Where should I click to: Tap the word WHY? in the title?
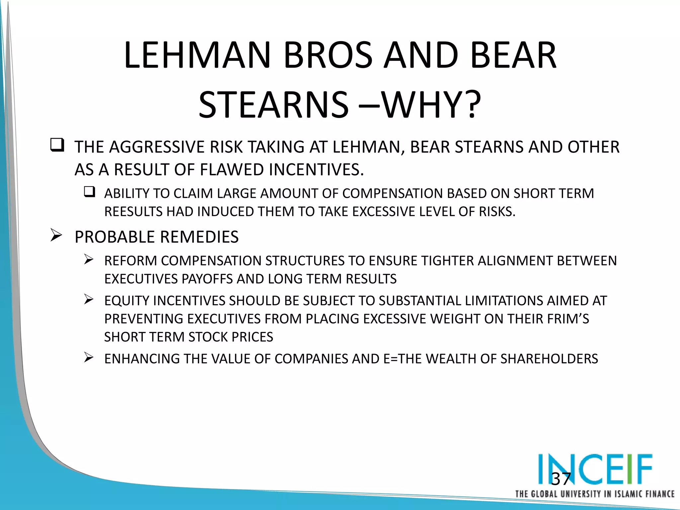pos(432,105)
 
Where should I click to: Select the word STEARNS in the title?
pos(274,105)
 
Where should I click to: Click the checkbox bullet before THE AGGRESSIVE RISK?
pos(57,145)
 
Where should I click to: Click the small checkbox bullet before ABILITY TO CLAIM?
pos(89,192)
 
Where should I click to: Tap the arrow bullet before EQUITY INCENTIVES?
pos(89,299)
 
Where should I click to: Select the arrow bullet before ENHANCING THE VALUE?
pos(89,357)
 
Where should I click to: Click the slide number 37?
pos(561,479)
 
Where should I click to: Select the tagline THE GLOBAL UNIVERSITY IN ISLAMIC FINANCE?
pos(594,494)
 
